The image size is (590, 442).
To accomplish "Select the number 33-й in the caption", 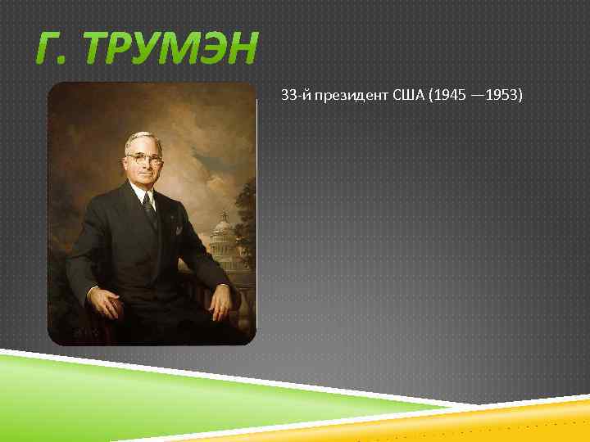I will [x=293, y=97].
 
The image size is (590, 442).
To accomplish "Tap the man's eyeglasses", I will [x=144, y=159].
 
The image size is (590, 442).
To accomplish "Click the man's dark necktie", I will [x=150, y=210].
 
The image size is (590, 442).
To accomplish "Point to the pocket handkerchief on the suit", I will [x=178, y=230].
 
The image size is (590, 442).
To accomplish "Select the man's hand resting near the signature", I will [x=105, y=305].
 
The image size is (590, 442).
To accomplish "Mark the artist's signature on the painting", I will [x=84, y=333].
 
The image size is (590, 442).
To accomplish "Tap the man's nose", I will [x=145, y=165].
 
